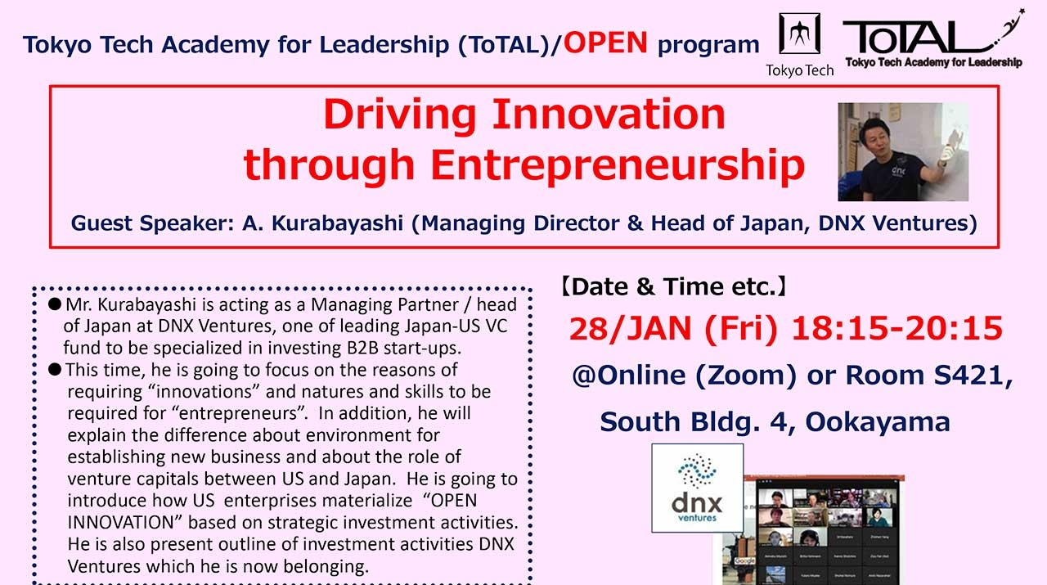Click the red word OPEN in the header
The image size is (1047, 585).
(x=605, y=43)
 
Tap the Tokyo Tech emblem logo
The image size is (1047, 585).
(x=799, y=34)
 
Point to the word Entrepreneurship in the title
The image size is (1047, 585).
(x=618, y=164)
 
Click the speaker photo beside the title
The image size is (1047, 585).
(x=903, y=152)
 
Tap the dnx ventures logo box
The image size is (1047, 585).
(x=697, y=488)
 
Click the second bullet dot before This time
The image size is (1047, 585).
(x=55, y=370)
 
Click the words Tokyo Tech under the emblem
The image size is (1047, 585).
(x=799, y=70)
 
